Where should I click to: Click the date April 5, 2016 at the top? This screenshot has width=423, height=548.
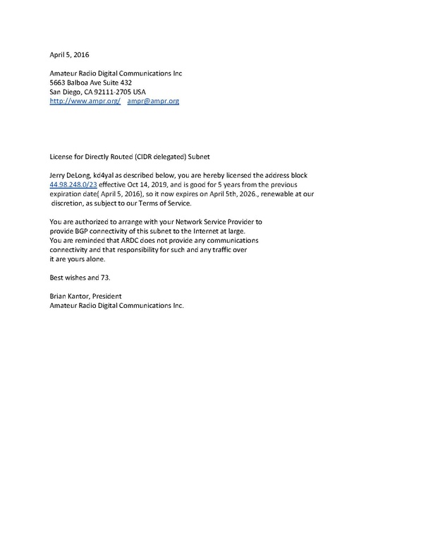click(68, 54)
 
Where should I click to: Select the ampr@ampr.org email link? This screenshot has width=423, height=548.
click(153, 102)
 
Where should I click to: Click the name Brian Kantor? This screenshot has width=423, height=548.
click(70, 297)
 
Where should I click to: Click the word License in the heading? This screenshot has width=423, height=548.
click(61, 155)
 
